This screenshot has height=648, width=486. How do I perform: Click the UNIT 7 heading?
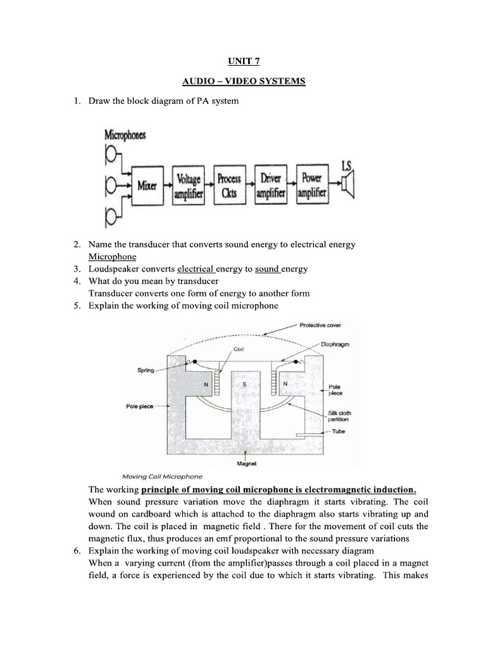point(242,61)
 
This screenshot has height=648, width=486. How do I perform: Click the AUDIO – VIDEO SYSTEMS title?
point(242,82)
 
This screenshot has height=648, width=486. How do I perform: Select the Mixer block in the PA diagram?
point(147,185)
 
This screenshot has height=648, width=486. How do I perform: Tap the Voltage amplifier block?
point(188,185)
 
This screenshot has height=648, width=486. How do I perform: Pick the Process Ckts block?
point(228,185)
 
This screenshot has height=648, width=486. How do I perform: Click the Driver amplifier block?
point(270,185)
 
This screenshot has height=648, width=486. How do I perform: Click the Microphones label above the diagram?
point(125,135)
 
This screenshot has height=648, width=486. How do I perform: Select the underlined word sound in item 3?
point(268,269)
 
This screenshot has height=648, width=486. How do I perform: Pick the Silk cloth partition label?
point(339,416)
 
